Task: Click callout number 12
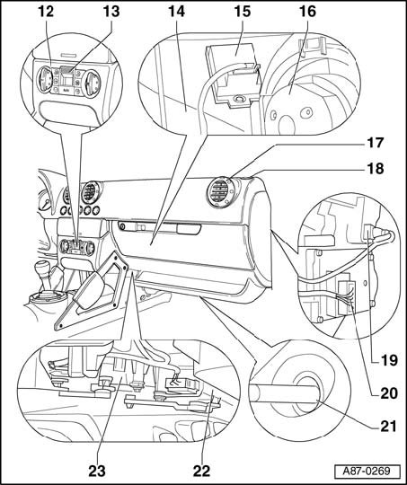tap(46, 12)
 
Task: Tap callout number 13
tap(111, 12)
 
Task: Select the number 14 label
tap(176, 12)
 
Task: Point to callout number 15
tap(243, 12)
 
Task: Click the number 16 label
tap(307, 12)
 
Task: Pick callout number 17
tap(376, 143)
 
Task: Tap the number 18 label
tap(376, 169)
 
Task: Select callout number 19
tap(389, 360)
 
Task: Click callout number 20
tap(389, 393)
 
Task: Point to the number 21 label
tap(388, 427)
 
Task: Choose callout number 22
tap(202, 472)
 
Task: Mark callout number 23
tap(97, 472)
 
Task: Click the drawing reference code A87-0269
tap(367, 472)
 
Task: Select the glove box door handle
tap(189, 229)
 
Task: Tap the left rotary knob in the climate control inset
tap(44, 80)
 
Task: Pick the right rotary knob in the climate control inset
tap(92, 84)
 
